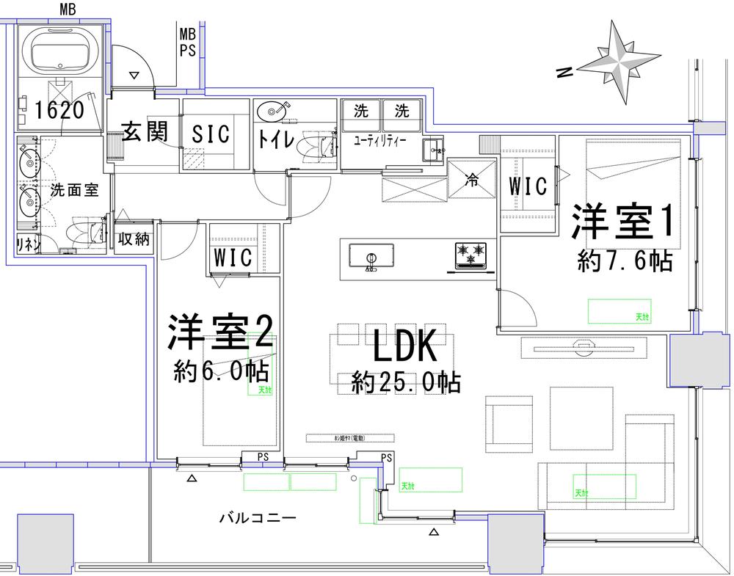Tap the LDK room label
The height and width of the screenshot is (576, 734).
pyautogui.click(x=405, y=347)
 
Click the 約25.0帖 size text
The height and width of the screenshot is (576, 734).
pyautogui.click(x=405, y=382)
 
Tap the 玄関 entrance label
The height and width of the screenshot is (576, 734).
pyautogui.click(x=145, y=132)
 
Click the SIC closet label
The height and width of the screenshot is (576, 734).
pyautogui.click(x=211, y=134)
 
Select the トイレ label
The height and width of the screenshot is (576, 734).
pyautogui.click(x=276, y=138)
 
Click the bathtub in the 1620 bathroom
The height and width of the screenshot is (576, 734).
pyautogui.click(x=64, y=49)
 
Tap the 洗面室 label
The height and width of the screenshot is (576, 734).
pyautogui.click(x=74, y=190)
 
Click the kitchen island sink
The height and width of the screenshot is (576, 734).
pyautogui.click(x=370, y=258)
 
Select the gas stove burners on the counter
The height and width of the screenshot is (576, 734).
pyautogui.click(x=470, y=254)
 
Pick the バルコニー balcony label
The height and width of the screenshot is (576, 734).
pyautogui.click(x=257, y=517)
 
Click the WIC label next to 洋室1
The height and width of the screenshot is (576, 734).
pyautogui.click(x=528, y=186)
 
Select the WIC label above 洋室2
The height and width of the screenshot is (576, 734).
pyautogui.click(x=233, y=258)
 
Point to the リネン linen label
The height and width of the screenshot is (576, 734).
pyautogui.click(x=29, y=244)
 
